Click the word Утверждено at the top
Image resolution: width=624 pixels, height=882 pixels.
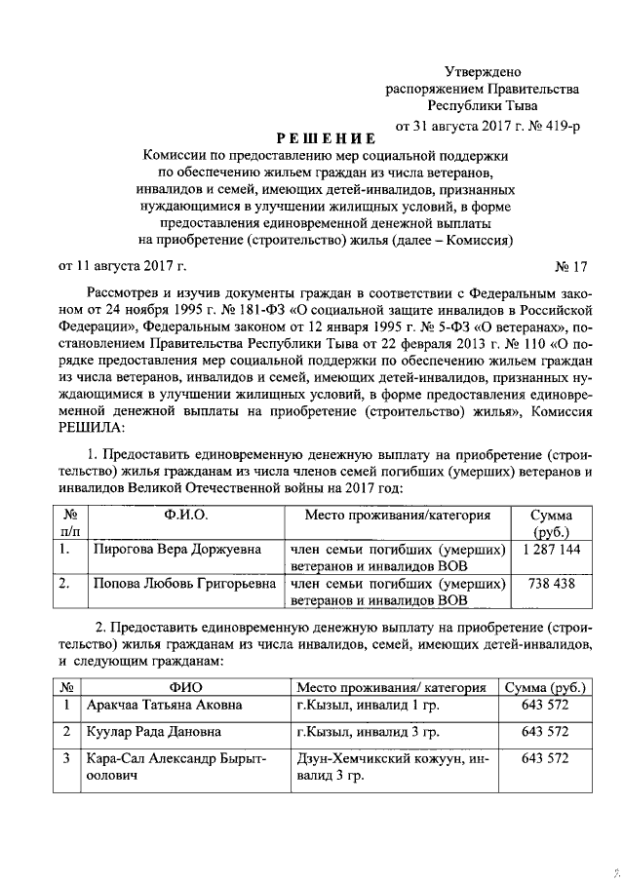483,72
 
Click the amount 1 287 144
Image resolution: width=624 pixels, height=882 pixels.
551,550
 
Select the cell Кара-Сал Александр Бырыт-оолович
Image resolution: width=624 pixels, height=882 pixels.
161,766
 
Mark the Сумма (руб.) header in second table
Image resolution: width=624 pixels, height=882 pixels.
545,687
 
